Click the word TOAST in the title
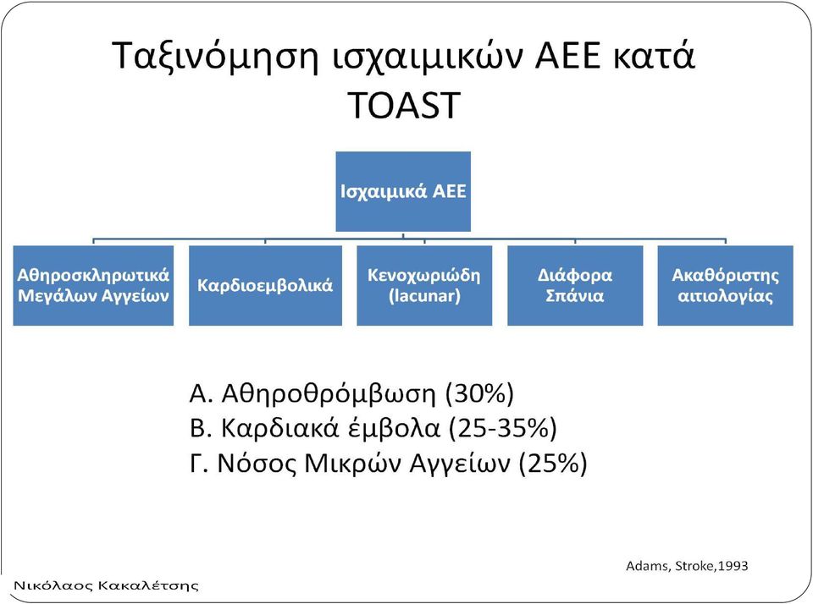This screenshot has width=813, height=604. click(x=404, y=105)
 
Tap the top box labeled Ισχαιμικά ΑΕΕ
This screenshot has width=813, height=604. click(x=403, y=191)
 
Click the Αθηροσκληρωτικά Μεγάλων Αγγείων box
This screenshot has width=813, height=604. click(x=93, y=285)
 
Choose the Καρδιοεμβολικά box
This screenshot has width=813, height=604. click(x=265, y=285)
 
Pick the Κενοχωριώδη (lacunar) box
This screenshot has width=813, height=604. click(x=424, y=285)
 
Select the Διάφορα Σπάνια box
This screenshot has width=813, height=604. click(x=575, y=285)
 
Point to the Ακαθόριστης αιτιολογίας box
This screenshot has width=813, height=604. click(x=726, y=285)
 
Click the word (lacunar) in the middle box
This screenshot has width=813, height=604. click(x=424, y=296)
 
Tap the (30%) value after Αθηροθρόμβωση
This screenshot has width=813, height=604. click(x=479, y=393)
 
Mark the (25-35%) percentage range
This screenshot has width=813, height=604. click(x=502, y=428)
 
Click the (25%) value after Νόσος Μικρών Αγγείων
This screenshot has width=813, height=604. click(x=553, y=463)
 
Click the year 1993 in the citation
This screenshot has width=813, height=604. click(x=733, y=566)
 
